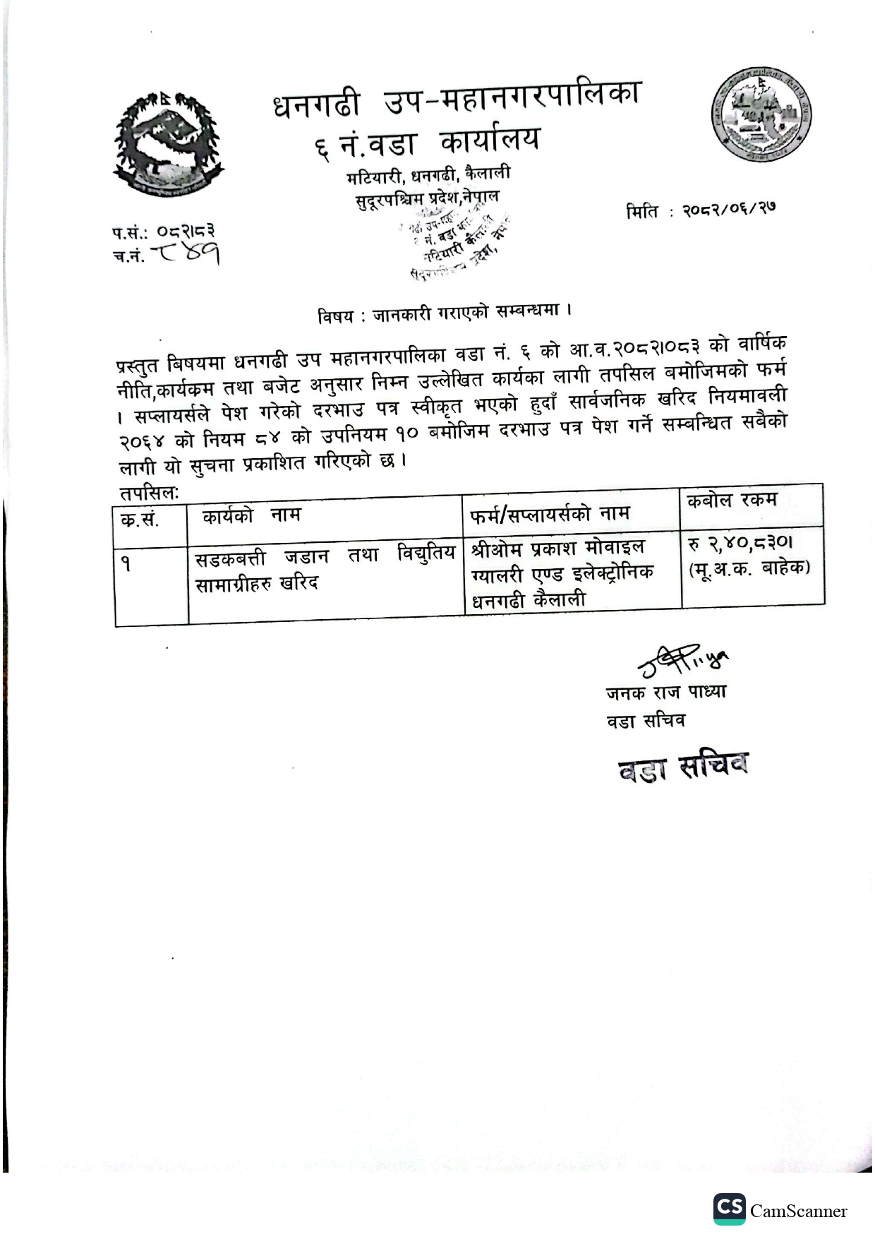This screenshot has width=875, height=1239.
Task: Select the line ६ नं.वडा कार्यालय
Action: coord(428,142)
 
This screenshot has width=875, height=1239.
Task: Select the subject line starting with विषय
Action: coord(444,313)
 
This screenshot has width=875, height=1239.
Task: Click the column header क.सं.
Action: coord(140,520)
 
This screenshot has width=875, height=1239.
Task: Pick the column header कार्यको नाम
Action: coord(251,516)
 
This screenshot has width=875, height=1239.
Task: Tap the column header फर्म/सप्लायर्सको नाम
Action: coord(550,514)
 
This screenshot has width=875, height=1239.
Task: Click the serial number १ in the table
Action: coord(126,563)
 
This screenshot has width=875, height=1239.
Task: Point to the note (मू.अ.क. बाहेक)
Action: coord(749,568)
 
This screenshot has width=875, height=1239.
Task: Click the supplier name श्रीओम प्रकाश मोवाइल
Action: coord(557,548)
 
